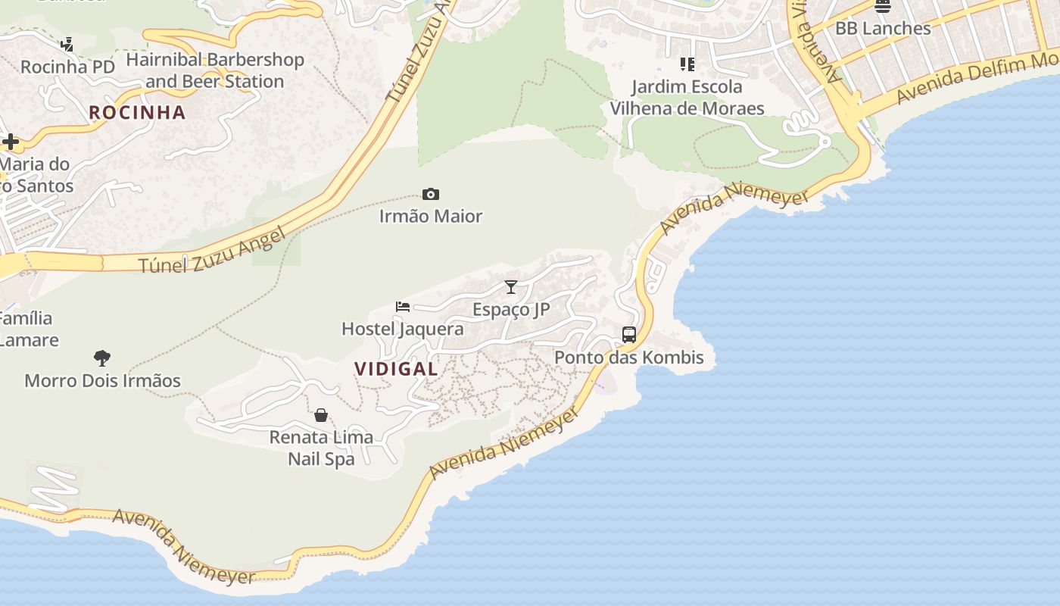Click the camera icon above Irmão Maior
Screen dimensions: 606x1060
pyautogui.click(x=431, y=195)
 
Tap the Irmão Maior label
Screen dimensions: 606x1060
pyautogui.click(x=431, y=217)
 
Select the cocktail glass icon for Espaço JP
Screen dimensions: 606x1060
pyautogui.click(x=511, y=287)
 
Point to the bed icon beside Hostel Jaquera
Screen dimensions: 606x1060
pyautogui.click(x=403, y=307)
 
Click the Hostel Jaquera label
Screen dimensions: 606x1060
pyautogui.click(x=403, y=330)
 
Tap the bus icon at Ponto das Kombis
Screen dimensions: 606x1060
pyautogui.click(x=629, y=334)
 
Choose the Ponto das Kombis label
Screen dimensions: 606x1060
pyautogui.click(x=629, y=358)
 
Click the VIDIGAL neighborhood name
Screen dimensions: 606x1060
pyautogui.click(x=396, y=369)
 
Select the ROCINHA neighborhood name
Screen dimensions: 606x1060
pyautogui.click(x=137, y=113)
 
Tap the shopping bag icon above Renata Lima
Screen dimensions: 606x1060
pyautogui.click(x=321, y=415)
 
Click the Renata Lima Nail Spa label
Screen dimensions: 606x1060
pyautogui.click(x=321, y=448)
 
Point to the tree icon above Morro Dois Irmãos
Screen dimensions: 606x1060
pyautogui.click(x=102, y=358)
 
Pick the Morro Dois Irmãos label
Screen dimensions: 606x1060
pyautogui.click(x=102, y=380)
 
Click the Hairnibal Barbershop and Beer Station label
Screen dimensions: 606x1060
pyautogui.click(x=215, y=70)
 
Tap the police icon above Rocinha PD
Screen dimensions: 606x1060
pyautogui.click(x=67, y=45)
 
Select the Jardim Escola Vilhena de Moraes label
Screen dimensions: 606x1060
pyautogui.click(x=687, y=98)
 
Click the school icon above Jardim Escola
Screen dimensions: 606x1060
pyautogui.click(x=687, y=64)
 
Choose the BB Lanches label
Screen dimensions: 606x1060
pyautogui.click(x=883, y=29)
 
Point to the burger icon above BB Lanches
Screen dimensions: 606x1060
pyautogui.click(x=883, y=6)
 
